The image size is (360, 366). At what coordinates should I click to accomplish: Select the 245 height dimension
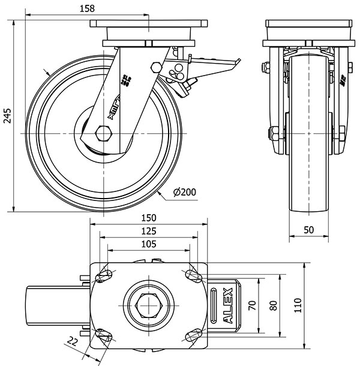click(x=7, y=116)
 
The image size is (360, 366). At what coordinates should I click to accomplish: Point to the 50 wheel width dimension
click(x=308, y=229)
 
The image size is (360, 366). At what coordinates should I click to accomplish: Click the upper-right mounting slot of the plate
click(x=193, y=277)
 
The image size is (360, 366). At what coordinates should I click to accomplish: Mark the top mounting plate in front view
click(x=308, y=30)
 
